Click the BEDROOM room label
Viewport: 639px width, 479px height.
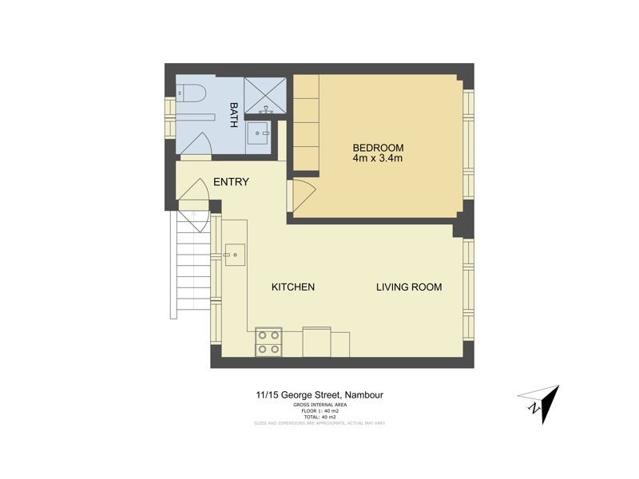[378, 148]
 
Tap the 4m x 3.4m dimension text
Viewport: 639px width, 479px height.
[378, 159]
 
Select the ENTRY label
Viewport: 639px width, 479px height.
[231, 182]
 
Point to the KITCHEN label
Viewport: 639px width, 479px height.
[293, 287]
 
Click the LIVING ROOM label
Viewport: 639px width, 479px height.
[409, 287]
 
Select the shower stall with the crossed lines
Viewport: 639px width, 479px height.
[264, 95]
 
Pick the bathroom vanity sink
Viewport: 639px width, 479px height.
[260, 133]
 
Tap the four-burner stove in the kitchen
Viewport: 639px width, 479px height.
[268, 342]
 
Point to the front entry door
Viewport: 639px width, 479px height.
[192, 200]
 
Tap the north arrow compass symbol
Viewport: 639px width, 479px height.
[540, 403]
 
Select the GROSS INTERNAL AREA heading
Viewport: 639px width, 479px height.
[319, 405]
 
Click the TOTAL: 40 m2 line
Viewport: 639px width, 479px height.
[319, 417]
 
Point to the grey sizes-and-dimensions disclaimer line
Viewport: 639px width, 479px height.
[319, 423]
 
